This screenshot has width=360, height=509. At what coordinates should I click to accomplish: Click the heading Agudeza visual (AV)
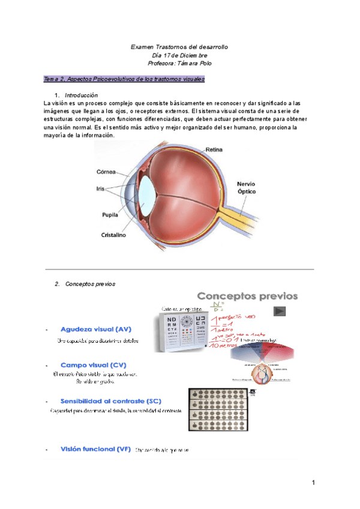click(96, 330)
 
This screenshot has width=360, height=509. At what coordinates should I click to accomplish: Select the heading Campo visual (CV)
click(93, 365)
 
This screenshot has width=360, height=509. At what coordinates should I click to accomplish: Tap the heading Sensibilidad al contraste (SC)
click(111, 400)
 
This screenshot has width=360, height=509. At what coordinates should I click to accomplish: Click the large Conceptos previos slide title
click(247, 296)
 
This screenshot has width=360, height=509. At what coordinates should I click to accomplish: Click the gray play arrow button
click(279, 312)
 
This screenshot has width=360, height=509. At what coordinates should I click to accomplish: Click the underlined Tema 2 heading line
click(124, 79)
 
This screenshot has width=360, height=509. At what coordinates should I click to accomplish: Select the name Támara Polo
click(193, 63)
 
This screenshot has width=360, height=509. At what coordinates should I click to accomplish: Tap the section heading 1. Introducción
click(80, 95)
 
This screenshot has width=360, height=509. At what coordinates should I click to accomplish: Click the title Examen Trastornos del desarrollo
click(179, 46)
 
